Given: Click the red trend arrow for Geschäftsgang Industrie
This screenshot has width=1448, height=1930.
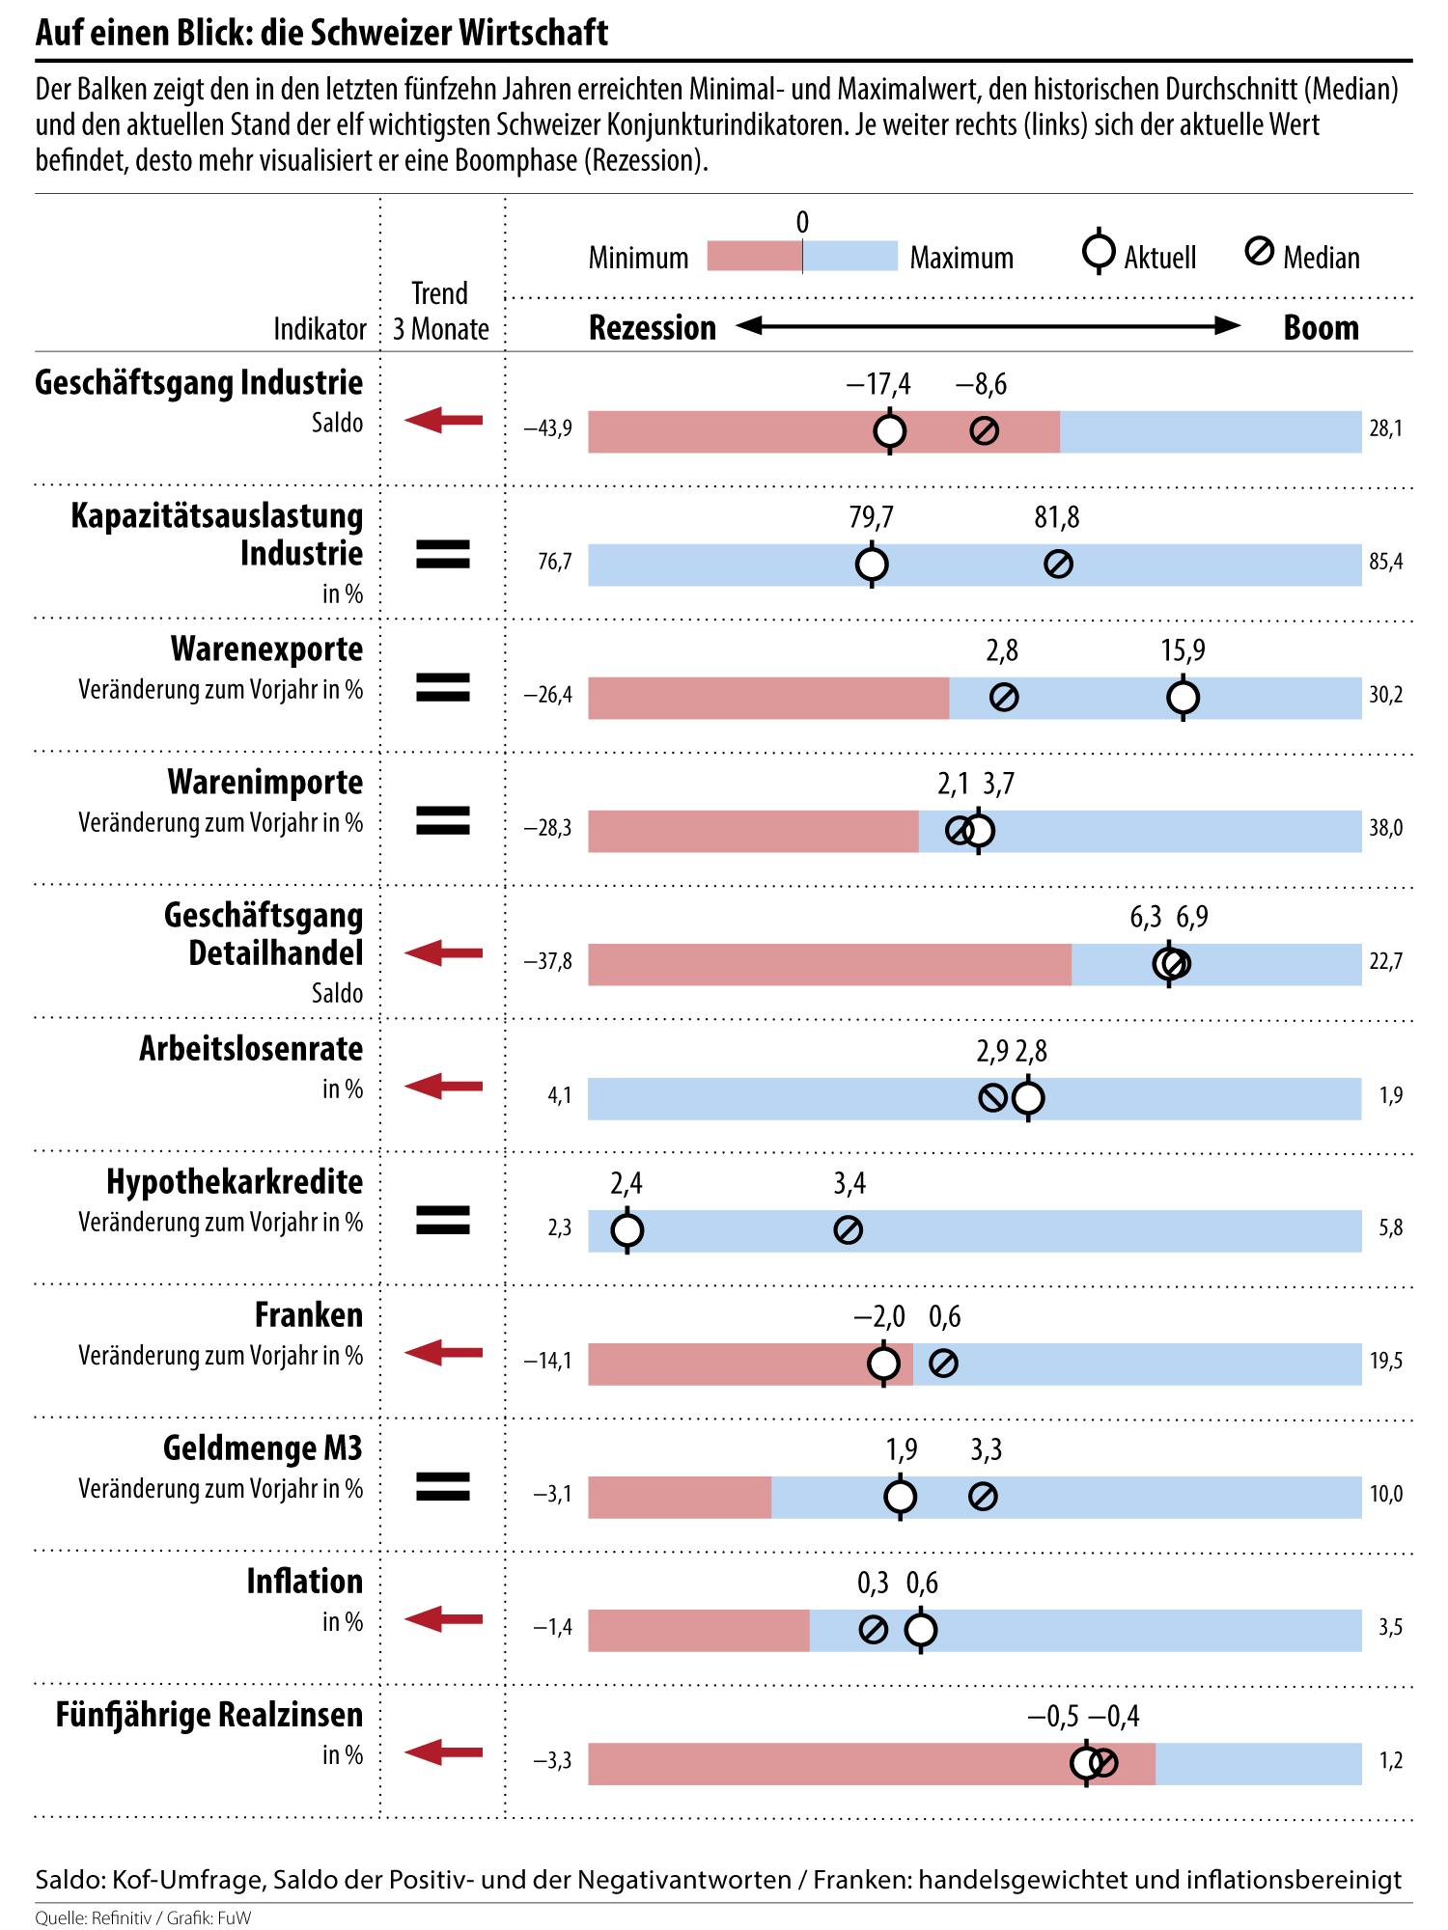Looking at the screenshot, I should tap(443, 420).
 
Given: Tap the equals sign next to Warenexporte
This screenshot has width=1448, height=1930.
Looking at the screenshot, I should tap(442, 687).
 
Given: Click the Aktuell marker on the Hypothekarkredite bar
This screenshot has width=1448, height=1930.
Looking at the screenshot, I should tap(627, 1230).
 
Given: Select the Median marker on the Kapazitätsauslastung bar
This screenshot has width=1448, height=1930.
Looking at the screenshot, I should tap(1059, 565).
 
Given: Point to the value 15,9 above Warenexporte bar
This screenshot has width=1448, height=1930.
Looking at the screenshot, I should tap(1183, 651).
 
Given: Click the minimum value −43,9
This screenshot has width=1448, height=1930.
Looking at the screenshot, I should tap(548, 429).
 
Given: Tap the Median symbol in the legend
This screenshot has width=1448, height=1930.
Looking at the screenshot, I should tap(1259, 253).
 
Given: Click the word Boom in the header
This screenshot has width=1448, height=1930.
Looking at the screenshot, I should tap(1321, 328).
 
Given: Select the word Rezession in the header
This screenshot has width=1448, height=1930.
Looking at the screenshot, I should tap(653, 328).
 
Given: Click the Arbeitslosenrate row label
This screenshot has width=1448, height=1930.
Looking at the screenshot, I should tap(251, 1049).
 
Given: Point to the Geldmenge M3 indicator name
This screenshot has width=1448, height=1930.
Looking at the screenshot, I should tap(263, 1448).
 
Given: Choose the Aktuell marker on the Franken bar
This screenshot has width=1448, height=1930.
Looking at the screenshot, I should tap(884, 1364).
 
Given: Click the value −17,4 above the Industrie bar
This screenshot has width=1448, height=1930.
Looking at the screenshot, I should tap(877, 385).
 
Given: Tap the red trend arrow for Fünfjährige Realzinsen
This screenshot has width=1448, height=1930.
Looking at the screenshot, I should tap(443, 1751).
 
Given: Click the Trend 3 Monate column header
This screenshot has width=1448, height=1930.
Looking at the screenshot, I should tap(440, 311).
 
